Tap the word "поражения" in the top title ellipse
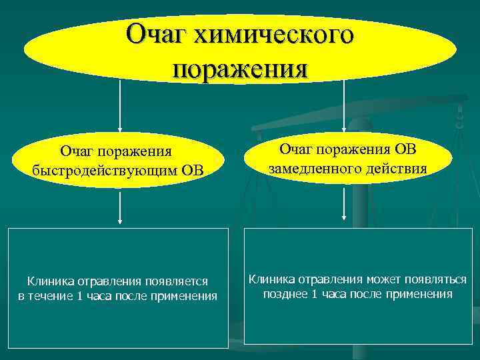pos(240,68)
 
